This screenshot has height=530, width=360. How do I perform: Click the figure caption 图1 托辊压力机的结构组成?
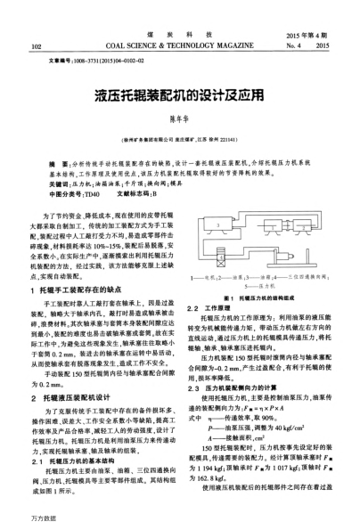260,298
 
